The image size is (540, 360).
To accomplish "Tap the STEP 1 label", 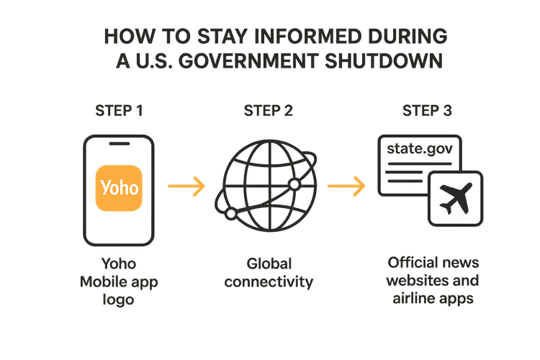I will coord(120,112).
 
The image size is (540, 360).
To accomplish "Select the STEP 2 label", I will coord(269,112).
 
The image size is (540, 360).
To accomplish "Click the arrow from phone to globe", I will coord(186,186).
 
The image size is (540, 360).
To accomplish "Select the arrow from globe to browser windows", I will coord(346,186).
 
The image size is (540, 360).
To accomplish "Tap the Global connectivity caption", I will coord(269,272).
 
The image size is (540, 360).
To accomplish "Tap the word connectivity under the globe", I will coord(269,282).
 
